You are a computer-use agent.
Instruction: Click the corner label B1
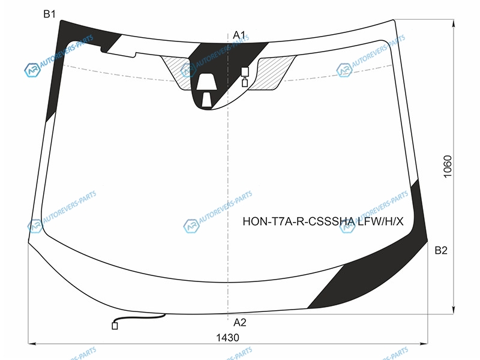click(x=49, y=14)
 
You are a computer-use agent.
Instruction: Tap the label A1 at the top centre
click(x=239, y=35)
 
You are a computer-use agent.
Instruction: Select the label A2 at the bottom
click(x=239, y=322)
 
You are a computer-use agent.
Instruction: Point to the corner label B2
click(x=441, y=250)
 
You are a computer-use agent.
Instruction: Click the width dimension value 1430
click(x=227, y=338)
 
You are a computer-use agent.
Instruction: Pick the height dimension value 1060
click(x=447, y=167)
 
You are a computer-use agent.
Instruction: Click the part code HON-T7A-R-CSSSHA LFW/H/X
click(x=323, y=221)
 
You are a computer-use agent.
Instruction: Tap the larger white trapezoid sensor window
click(x=206, y=82)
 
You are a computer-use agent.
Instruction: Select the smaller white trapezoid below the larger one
click(x=206, y=100)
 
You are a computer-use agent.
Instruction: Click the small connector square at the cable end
click(x=115, y=326)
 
